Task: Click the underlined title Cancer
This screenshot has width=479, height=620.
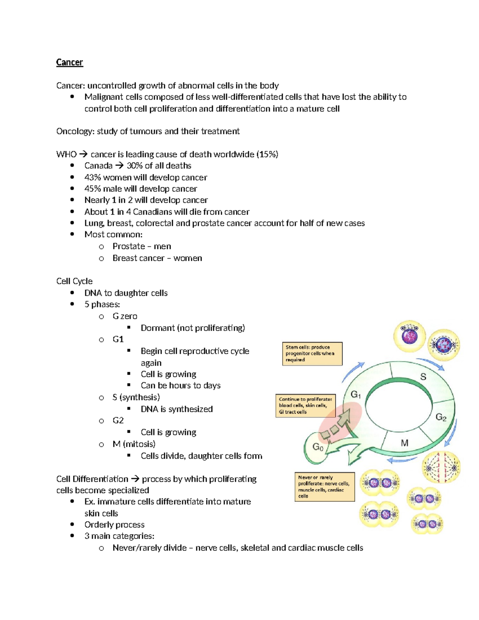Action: tap(69, 62)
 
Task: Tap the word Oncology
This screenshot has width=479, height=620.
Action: tap(75, 131)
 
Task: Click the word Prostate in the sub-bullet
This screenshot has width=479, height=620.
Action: tap(129, 246)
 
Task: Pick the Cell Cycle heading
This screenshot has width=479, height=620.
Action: tap(74, 281)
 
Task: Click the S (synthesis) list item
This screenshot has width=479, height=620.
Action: tap(136, 397)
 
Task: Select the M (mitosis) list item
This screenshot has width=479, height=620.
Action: tap(134, 444)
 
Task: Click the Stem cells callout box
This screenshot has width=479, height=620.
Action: tap(312, 353)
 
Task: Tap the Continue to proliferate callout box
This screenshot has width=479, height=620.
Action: tap(305, 406)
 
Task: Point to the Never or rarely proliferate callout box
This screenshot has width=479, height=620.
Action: tap(324, 487)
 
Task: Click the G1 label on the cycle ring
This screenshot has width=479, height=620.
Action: tap(356, 395)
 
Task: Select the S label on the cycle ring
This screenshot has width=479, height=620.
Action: tap(423, 376)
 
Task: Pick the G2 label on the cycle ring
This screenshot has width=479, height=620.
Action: tap(441, 418)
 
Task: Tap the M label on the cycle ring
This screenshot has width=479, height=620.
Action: tap(404, 443)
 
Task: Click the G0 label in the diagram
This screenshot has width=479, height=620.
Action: tap(318, 447)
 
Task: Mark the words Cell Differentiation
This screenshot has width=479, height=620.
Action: tap(92, 479)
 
